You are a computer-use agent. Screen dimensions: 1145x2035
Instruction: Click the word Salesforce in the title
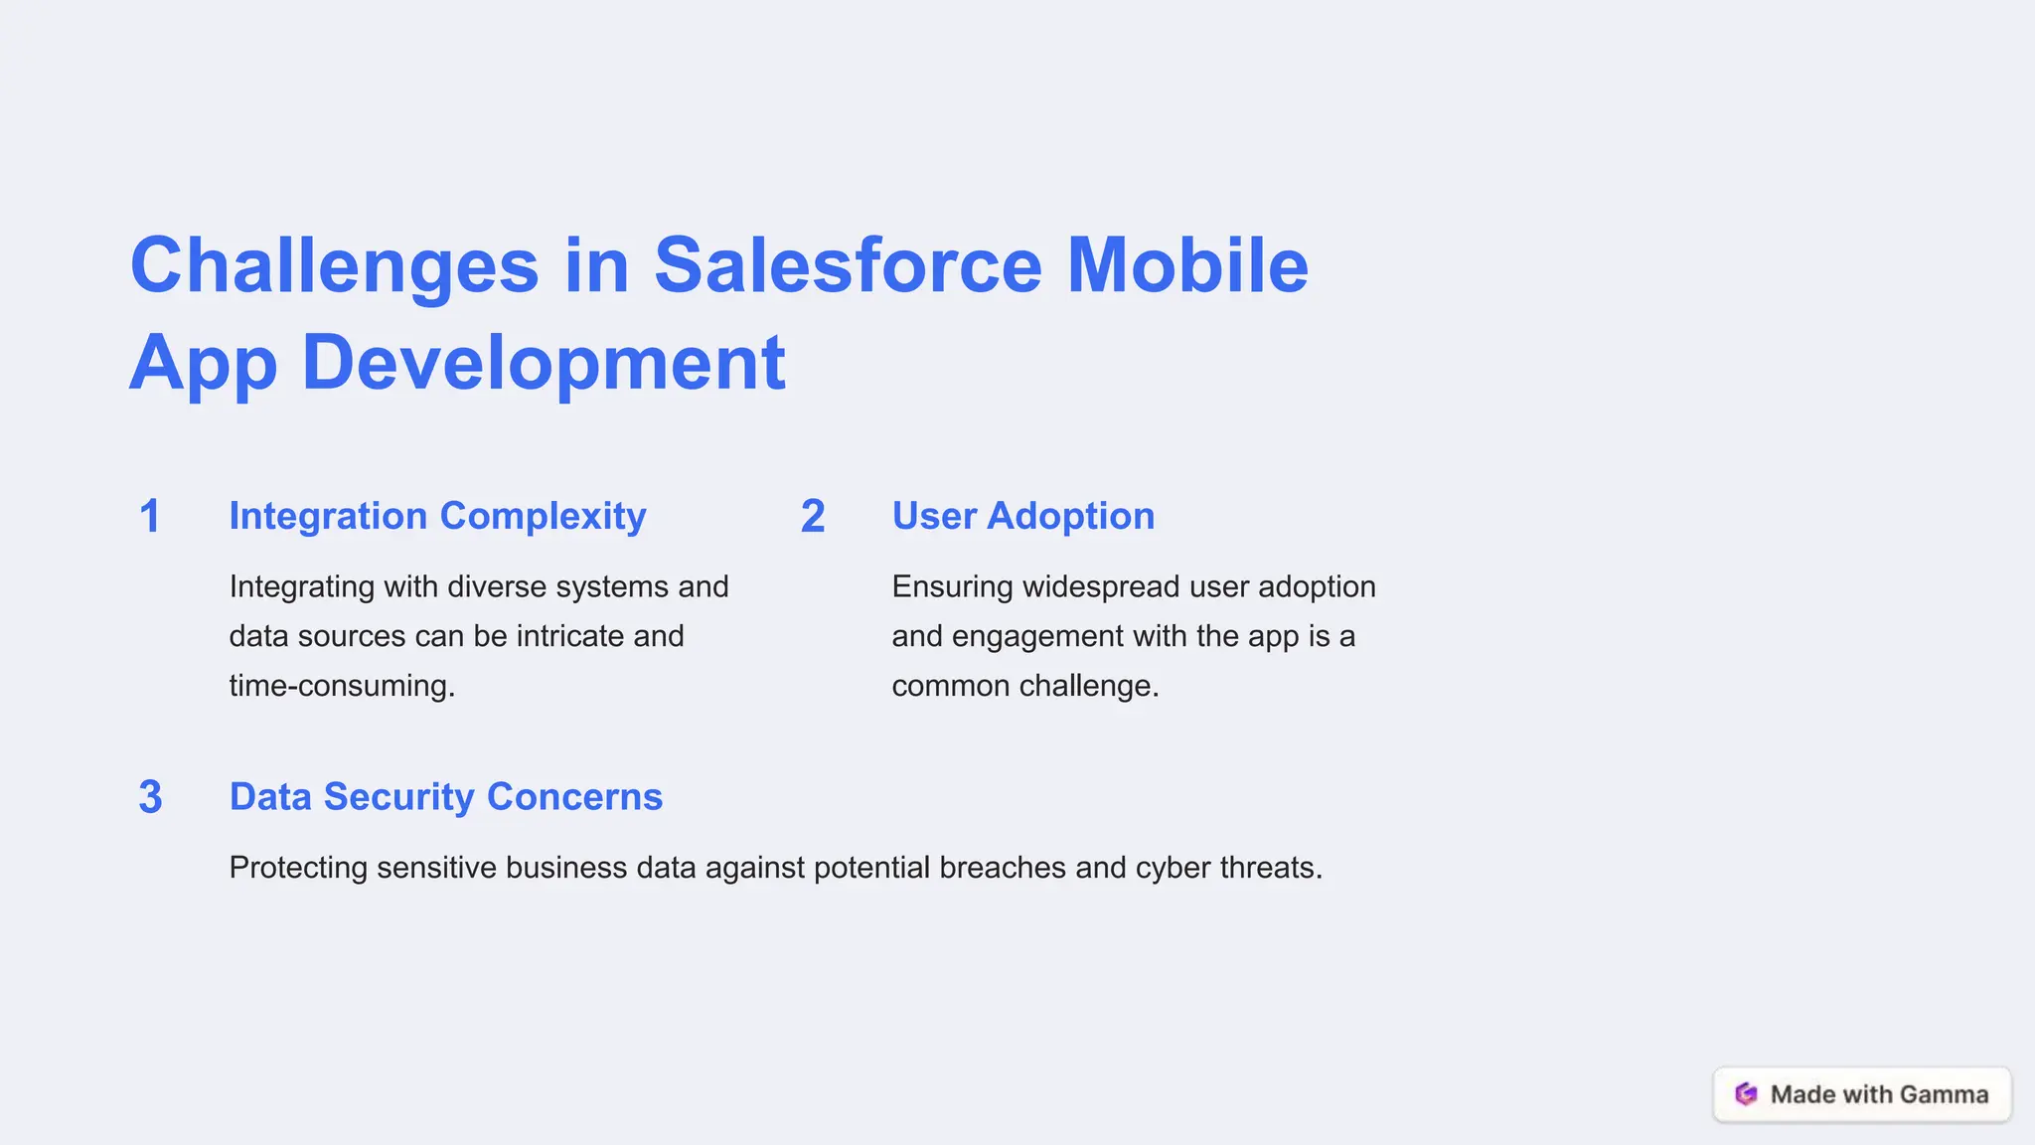coord(848,266)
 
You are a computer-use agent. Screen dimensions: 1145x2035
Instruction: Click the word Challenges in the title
coord(334,266)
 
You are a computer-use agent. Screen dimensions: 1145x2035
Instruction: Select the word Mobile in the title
coord(1187,266)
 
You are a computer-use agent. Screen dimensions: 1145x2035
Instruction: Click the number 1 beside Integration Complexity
coord(150,517)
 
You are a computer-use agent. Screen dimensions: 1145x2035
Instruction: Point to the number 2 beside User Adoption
coord(813,517)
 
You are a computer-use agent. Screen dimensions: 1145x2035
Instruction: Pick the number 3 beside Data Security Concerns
coord(150,797)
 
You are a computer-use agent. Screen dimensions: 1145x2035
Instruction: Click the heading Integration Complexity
coord(437,516)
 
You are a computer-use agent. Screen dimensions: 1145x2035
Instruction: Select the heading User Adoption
coord(1022,516)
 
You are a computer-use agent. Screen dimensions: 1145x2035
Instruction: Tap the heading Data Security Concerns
coord(445,797)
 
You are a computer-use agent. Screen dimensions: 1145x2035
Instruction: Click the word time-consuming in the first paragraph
coord(341,686)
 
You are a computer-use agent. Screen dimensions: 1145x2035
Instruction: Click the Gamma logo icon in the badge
coord(1746,1094)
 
